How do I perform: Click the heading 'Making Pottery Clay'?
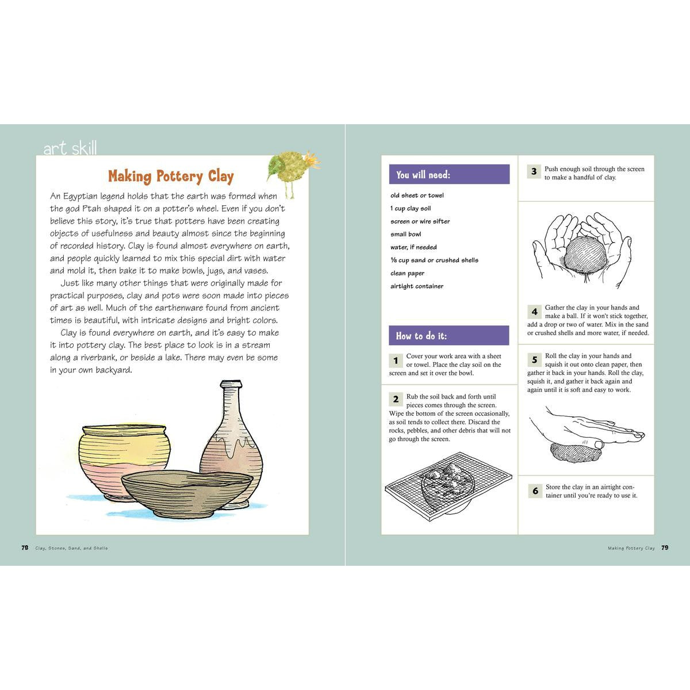(x=171, y=176)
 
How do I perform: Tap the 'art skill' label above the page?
(x=70, y=148)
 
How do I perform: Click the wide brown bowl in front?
(x=187, y=492)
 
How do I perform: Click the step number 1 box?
(x=396, y=361)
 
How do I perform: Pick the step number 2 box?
(x=396, y=399)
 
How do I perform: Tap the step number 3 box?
(x=534, y=171)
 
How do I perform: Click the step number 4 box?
(x=534, y=312)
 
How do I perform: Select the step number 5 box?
(x=534, y=360)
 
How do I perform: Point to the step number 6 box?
(x=535, y=490)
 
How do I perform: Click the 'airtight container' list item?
(x=417, y=286)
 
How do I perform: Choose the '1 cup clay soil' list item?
(x=411, y=209)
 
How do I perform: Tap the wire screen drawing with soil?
(x=448, y=489)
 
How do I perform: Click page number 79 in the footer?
(x=664, y=548)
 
